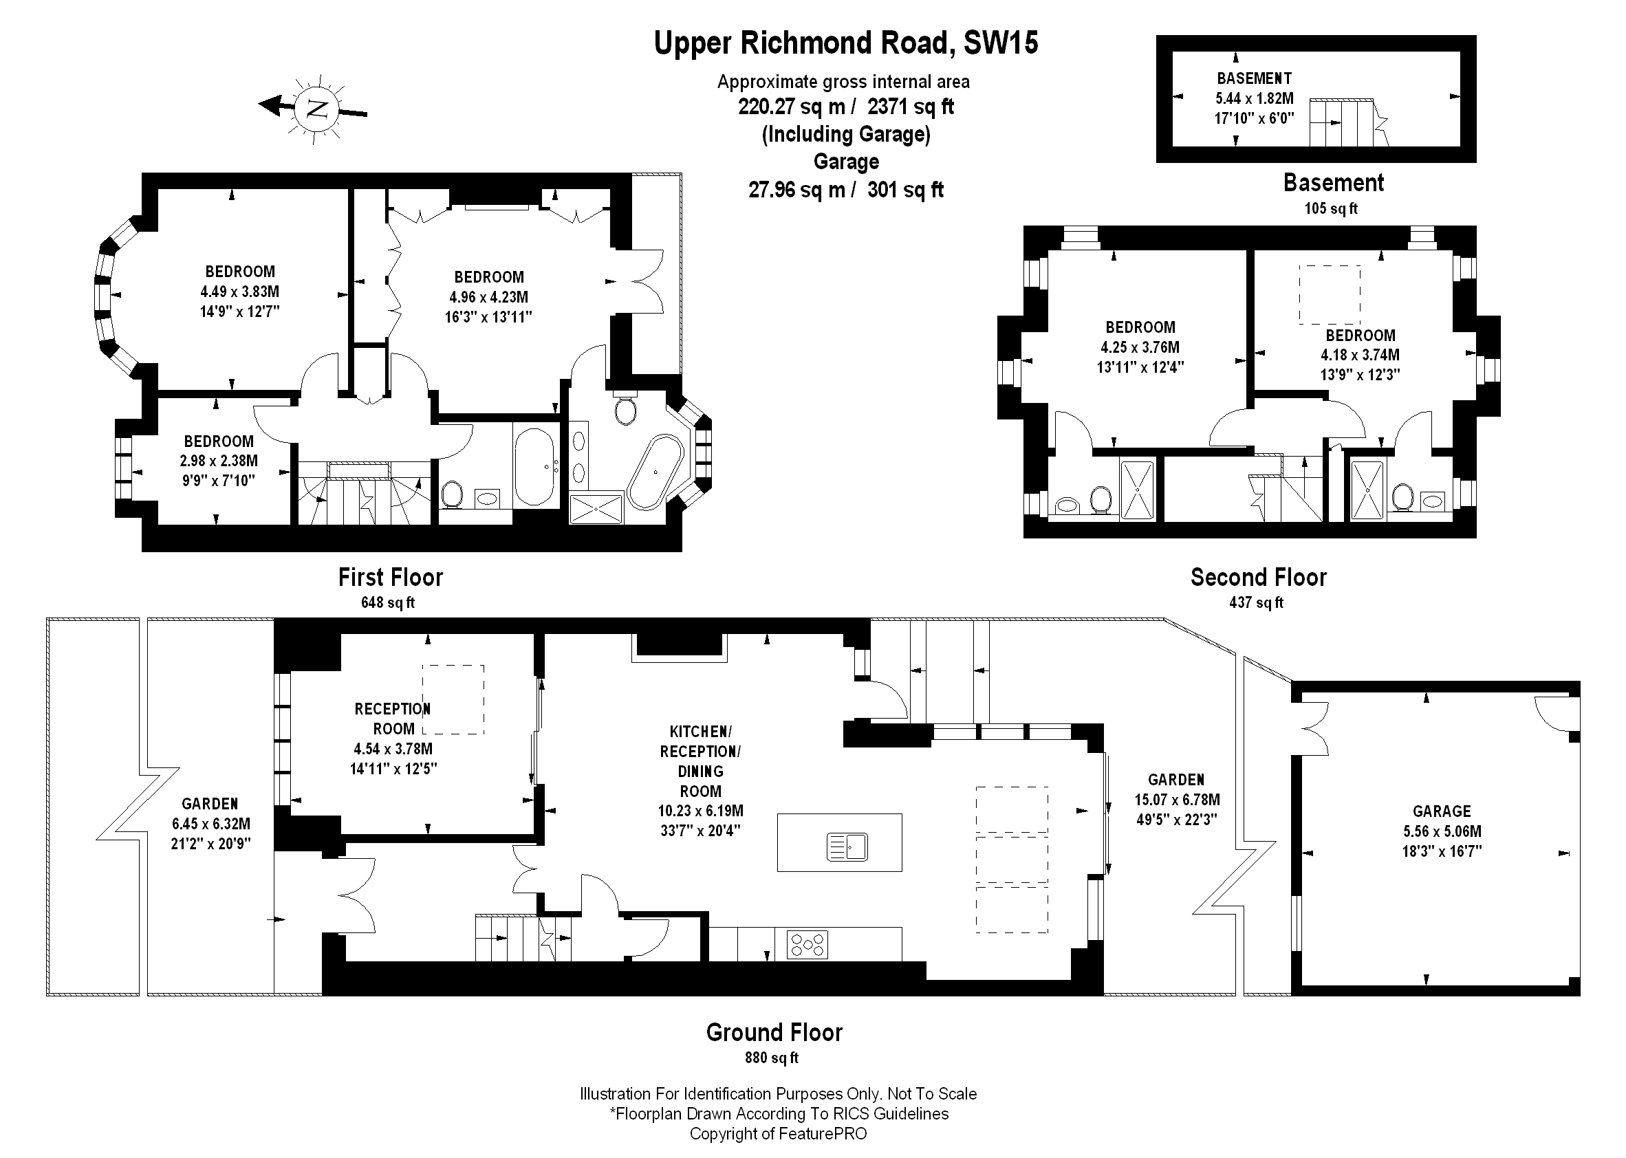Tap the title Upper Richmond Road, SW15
click(846, 43)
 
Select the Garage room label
click(1441, 811)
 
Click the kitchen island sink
click(847, 846)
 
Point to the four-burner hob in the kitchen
click(807, 945)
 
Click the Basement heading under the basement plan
click(1333, 183)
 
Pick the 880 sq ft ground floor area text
click(772, 1058)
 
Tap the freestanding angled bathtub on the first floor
click(655, 472)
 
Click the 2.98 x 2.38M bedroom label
click(218, 461)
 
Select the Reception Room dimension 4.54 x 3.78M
click(393, 749)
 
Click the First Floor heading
click(390, 577)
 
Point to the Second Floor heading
click(1258, 577)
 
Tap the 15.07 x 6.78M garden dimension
click(1177, 800)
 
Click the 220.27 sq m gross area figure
click(791, 107)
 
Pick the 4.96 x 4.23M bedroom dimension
click(488, 297)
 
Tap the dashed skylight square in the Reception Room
click(453, 699)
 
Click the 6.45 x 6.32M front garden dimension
click(210, 824)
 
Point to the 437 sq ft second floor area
click(1256, 602)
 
